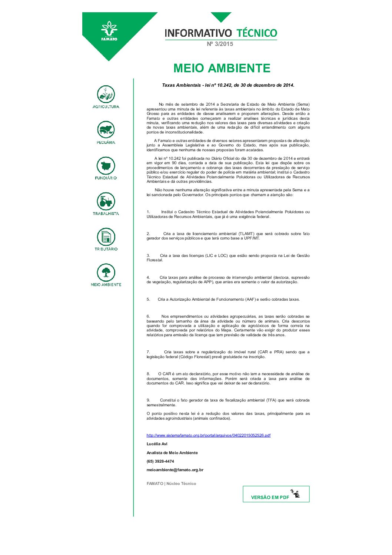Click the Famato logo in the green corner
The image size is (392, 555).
pos(109,31)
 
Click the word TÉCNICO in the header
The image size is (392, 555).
pos(257,33)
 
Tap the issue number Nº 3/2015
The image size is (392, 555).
pos(220,44)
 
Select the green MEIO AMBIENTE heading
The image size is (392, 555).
pos(222,68)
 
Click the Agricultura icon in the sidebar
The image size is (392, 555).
pos(106,94)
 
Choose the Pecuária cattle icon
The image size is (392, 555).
pos(106,130)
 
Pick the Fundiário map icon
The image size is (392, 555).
pos(106,165)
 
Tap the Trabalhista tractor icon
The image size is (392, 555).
pos(106,201)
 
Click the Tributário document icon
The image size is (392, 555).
pos(106,237)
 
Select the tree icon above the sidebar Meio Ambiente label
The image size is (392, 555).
pos(106,272)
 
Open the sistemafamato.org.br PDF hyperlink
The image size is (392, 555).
pos(208,435)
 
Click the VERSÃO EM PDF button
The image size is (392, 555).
pos(276,495)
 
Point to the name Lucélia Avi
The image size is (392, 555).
pos(157,444)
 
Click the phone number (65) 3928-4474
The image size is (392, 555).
pos(160,461)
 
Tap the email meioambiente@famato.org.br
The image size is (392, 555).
pos(175,470)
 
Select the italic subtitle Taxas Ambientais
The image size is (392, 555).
pos(228,85)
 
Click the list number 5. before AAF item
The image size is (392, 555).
pos(148,299)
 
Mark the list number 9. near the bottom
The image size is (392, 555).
pos(148,400)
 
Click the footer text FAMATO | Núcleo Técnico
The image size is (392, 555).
pos(171,483)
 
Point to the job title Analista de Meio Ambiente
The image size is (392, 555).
pos(172,453)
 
